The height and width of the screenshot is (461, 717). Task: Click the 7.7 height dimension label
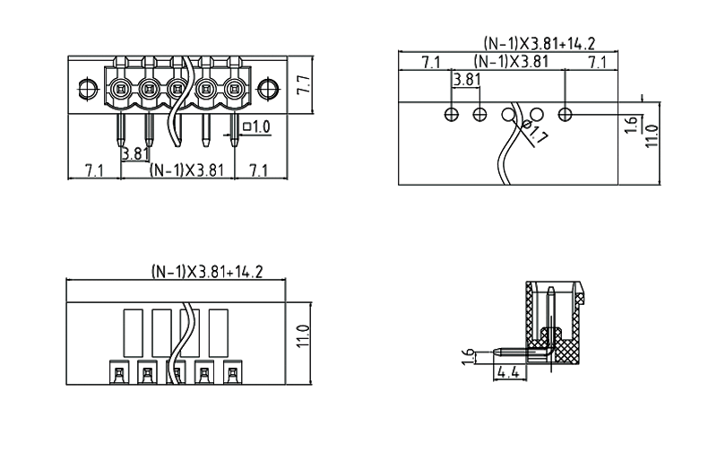pos(303,86)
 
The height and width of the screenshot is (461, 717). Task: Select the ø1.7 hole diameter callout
pos(538,136)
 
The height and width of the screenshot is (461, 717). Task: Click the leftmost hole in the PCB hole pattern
pos(452,114)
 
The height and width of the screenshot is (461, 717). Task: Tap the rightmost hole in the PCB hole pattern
pos(566,114)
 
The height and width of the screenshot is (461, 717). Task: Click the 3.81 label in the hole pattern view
pos(467,80)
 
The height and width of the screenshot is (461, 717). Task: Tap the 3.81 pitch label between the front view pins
pos(135,152)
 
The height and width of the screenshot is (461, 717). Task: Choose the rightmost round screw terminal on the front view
pos(235,88)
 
